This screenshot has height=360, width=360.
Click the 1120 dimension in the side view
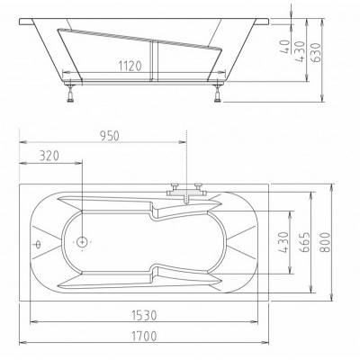130,66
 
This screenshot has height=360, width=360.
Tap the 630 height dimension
316,53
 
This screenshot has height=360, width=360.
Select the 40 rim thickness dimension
286,47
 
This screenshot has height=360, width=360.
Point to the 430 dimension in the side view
301,51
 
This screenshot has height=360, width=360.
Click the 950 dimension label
109,136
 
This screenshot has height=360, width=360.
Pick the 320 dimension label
49,156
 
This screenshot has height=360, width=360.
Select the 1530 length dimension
145,315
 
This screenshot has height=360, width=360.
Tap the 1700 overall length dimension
144,336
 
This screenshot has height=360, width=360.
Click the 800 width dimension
325,242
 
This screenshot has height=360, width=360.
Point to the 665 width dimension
304,242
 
